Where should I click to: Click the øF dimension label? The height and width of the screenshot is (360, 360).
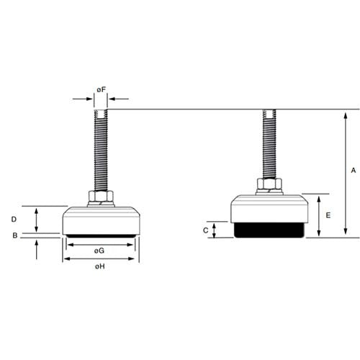[x=102, y=90]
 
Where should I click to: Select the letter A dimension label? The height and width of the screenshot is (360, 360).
[x=353, y=171]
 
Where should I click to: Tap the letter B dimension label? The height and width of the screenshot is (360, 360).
[x=14, y=235]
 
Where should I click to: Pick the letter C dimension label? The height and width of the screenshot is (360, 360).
[x=205, y=230]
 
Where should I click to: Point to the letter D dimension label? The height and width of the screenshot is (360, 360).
[x=14, y=219]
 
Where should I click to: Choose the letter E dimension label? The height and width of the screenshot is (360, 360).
[x=328, y=215]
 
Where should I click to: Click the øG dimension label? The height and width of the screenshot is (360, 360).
[x=101, y=250]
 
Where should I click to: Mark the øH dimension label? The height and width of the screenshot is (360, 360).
[x=101, y=266]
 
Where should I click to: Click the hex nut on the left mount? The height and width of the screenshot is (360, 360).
[x=101, y=197]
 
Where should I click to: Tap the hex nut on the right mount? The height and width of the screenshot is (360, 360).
[x=268, y=185]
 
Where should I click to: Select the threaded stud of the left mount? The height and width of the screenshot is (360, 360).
[x=101, y=148]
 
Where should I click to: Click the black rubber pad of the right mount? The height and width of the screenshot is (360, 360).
[x=268, y=230]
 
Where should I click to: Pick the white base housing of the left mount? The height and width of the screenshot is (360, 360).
[x=101, y=220]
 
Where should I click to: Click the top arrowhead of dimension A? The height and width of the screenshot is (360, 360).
[x=346, y=113]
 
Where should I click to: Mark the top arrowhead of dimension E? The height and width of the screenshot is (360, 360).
[x=318, y=197]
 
